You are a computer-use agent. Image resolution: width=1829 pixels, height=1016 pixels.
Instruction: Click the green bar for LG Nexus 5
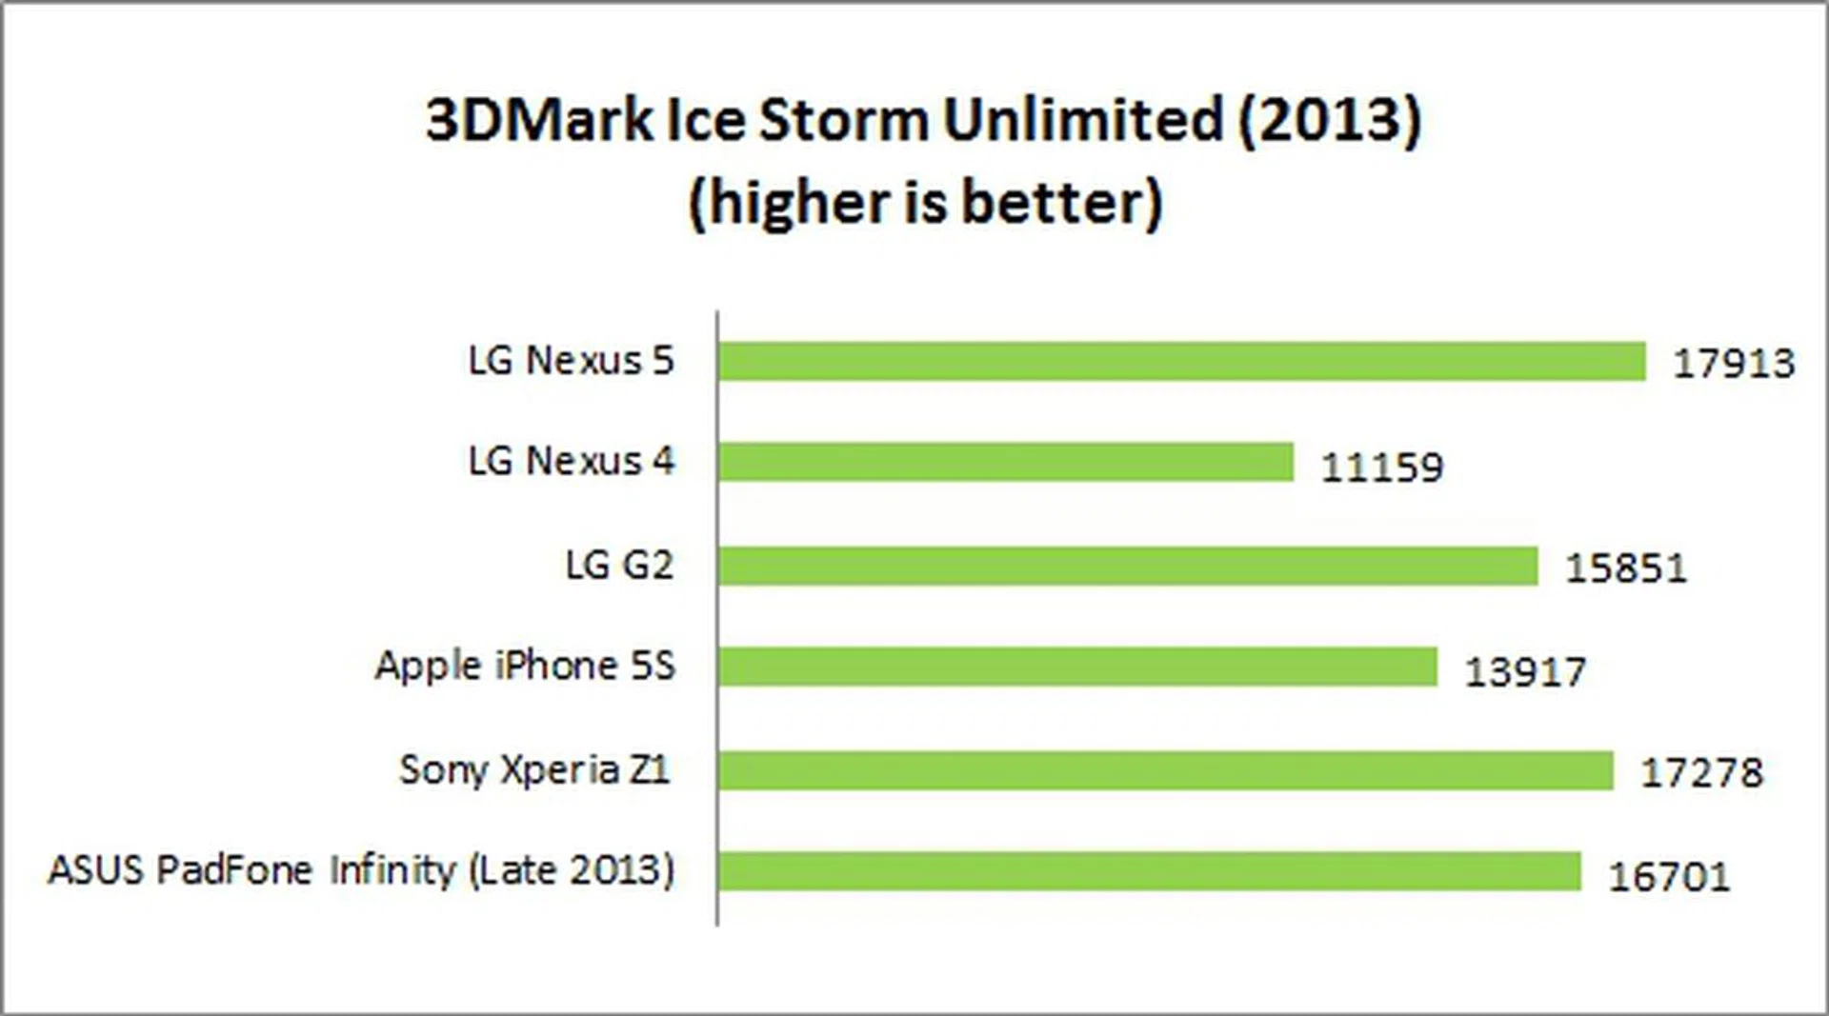(1181, 362)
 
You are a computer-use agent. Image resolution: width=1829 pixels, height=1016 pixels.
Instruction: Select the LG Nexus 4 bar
(1006, 463)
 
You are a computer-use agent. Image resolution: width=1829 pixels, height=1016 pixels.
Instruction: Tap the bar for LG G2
(1128, 566)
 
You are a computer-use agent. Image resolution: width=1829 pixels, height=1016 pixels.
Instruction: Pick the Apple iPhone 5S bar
(1077, 667)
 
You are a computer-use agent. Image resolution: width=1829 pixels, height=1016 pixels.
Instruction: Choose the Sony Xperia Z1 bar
(1166, 770)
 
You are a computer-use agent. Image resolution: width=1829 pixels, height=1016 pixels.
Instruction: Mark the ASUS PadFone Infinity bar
(1149, 871)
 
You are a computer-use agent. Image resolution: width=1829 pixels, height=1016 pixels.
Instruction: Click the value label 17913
(1734, 364)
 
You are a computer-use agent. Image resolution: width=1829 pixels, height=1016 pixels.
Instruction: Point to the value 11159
(1382, 468)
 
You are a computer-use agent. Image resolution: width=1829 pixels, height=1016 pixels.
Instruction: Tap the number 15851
(1626, 568)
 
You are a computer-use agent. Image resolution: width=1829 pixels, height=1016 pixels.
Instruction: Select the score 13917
(1525, 672)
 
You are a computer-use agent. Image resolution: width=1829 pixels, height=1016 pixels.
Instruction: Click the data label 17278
(1701, 772)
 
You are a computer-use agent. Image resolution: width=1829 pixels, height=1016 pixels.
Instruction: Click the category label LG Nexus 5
(571, 361)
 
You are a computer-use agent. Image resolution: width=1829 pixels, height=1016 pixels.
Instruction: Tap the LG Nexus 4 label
(571, 462)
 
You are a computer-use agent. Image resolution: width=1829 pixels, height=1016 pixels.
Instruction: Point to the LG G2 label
(619, 566)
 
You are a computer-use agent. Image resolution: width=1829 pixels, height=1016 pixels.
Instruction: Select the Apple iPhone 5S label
(525, 666)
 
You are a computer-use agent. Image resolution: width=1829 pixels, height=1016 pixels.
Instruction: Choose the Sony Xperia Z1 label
(534, 769)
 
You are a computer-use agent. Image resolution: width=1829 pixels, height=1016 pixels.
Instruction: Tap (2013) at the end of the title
(1330, 121)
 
